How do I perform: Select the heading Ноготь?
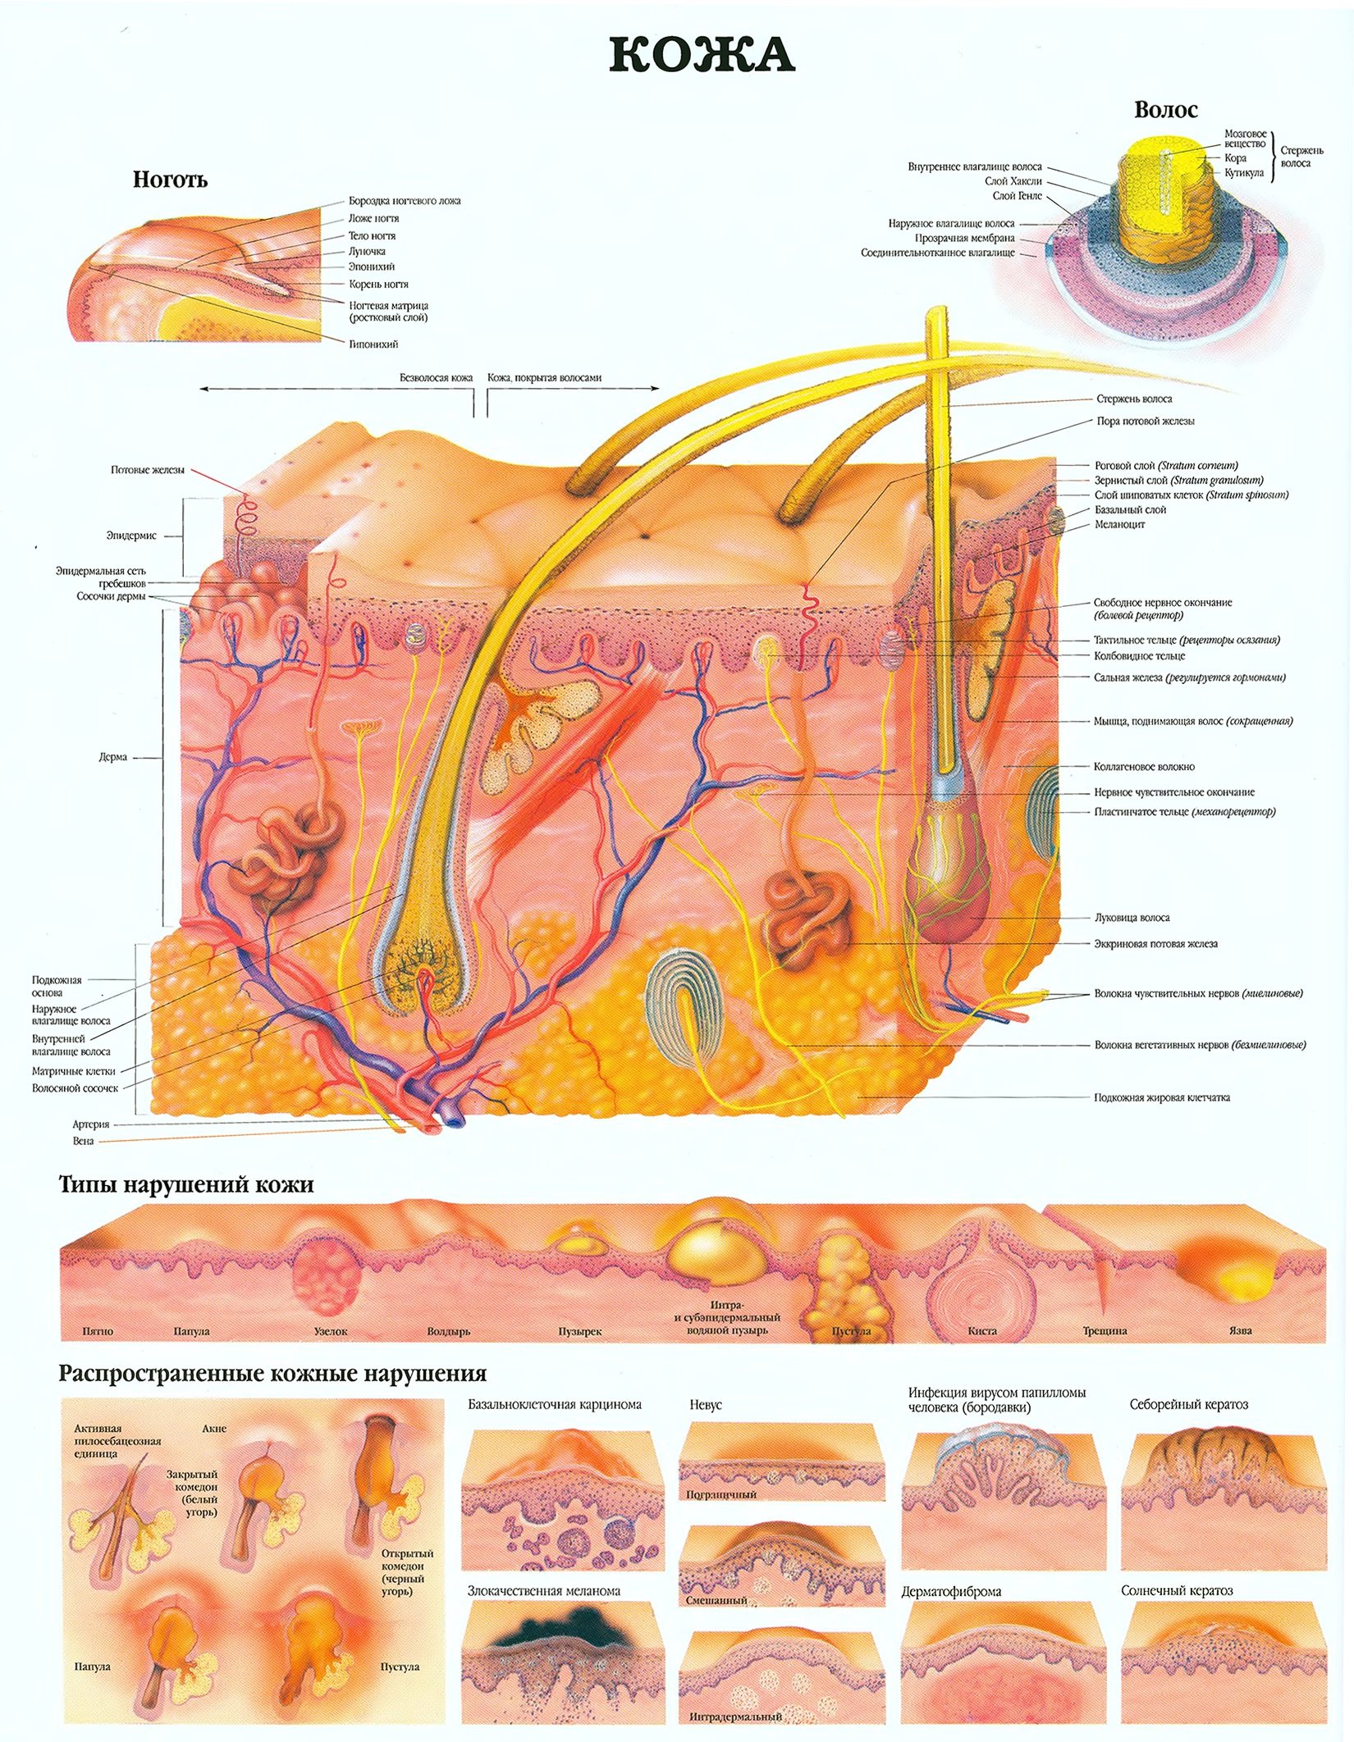(170, 180)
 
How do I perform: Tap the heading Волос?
(1165, 109)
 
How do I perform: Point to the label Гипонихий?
(373, 344)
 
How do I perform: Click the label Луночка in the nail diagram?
(366, 251)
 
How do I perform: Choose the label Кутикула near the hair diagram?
(1245, 172)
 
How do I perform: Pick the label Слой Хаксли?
(1013, 181)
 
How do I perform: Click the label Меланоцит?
(1119, 524)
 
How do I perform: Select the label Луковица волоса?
(1132, 918)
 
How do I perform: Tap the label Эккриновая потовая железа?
(1155, 943)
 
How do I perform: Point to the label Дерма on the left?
(112, 757)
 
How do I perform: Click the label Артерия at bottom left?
(90, 1124)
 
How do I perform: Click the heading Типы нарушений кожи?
(186, 1184)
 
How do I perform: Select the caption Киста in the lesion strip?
(981, 1331)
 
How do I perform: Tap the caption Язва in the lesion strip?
(1241, 1330)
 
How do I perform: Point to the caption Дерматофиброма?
(951, 1591)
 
